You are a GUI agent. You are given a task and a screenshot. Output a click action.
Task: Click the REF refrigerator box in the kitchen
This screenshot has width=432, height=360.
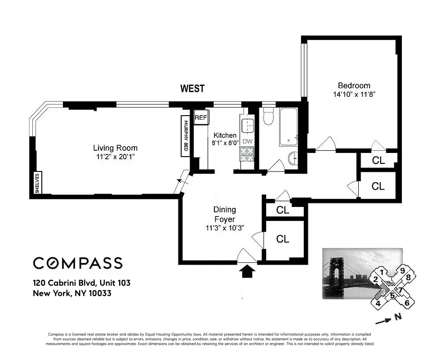click(x=200, y=118)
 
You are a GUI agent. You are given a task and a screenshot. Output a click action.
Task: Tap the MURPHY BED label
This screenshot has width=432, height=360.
click(x=185, y=136)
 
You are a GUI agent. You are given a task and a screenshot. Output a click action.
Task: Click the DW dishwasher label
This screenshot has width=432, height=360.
click(x=247, y=141)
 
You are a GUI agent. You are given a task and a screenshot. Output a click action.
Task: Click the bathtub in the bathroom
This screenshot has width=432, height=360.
click(x=288, y=127)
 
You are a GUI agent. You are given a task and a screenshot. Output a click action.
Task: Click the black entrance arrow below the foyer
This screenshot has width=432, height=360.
click(x=247, y=272)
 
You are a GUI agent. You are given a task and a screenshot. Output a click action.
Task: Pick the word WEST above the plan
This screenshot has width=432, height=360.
click(x=192, y=89)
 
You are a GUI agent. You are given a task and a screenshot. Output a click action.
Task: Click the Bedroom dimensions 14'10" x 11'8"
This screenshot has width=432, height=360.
click(x=354, y=94)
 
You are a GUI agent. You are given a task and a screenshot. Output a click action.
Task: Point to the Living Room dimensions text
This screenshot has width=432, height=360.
click(x=115, y=157)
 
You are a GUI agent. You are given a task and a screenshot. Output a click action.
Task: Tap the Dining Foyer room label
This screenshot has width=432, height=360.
click(x=224, y=214)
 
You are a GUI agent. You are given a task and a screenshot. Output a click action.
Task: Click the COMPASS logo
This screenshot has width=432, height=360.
click(x=77, y=263)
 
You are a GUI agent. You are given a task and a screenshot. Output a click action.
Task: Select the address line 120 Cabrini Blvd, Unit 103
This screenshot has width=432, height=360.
click(x=81, y=283)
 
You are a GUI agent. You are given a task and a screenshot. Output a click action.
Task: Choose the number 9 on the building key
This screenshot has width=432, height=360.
click(x=403, y=270)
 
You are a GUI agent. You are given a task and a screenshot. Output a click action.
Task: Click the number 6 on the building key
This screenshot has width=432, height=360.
click(x=407, y=303)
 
